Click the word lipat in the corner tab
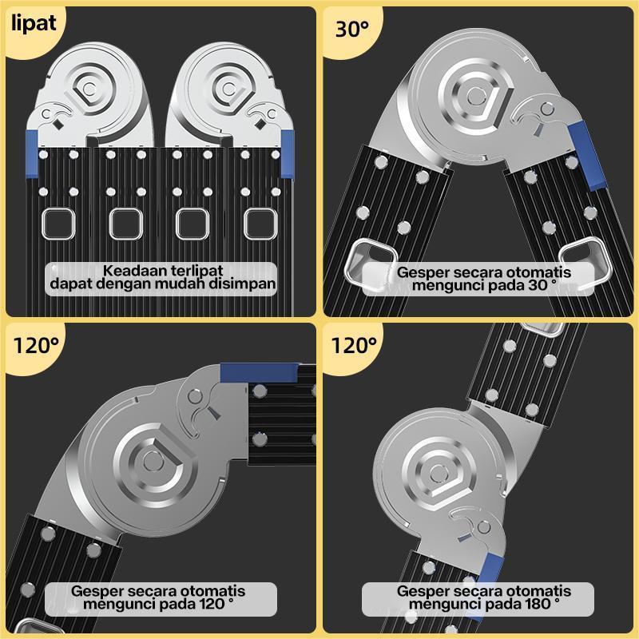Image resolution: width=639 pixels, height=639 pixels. tap(34, 22)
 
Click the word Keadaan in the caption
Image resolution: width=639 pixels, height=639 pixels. tap(131, 270)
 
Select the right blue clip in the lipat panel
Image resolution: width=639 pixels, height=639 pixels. tap(287, 153)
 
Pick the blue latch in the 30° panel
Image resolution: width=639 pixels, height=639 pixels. tap(589, 153)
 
